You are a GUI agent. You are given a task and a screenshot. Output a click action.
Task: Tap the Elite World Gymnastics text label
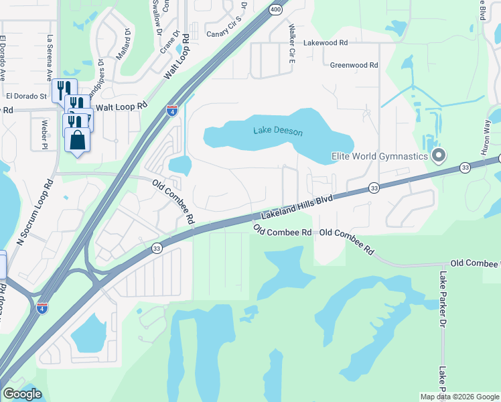tap(380, 156)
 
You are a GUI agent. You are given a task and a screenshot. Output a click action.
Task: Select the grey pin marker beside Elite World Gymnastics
tap(439, 156)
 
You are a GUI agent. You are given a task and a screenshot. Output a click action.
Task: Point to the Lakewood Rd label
tap(326, 42)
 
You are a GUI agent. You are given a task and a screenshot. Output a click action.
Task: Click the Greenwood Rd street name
tap(354, 65)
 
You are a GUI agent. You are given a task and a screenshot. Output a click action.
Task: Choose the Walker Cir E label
tap(291, 44)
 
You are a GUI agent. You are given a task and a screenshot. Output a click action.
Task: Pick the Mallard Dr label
tap(123, 44)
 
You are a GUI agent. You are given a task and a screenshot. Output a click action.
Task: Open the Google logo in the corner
tap(21, 394)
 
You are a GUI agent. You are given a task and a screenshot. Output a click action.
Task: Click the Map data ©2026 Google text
tap(459, 397)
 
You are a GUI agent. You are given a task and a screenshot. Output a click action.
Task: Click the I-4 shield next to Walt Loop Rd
tap(172, 111)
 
